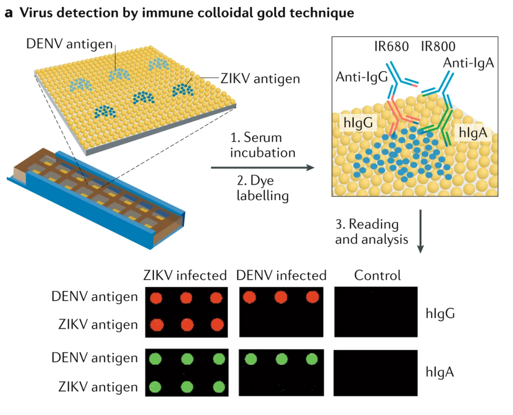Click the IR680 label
click(x=391, y=46)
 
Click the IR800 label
click(x=438, y=46)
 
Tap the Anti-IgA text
click(x=469, y=63)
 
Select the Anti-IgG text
click(x=361, y=77)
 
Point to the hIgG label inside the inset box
click(x=358, y=123)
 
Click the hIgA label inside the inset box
click(x=473, y=132)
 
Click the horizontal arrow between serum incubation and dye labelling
click(x=262, y=167)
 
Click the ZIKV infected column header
click(x=185, y=275)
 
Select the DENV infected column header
click(x=281, y=275)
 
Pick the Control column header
click(x=377, y=275)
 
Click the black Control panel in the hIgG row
click(x=376, y=312)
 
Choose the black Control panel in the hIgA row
click(x=375, y=373)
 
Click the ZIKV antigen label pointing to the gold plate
click(x=260, y=79)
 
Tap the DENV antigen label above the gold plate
click(x=69, y=44)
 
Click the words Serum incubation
click(x=262, y=145)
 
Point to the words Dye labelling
click(x=262, y=188)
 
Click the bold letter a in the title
click(x=9, y=13)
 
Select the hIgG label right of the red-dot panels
click(x=440, y=313)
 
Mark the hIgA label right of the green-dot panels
click(x=439, y=372)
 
